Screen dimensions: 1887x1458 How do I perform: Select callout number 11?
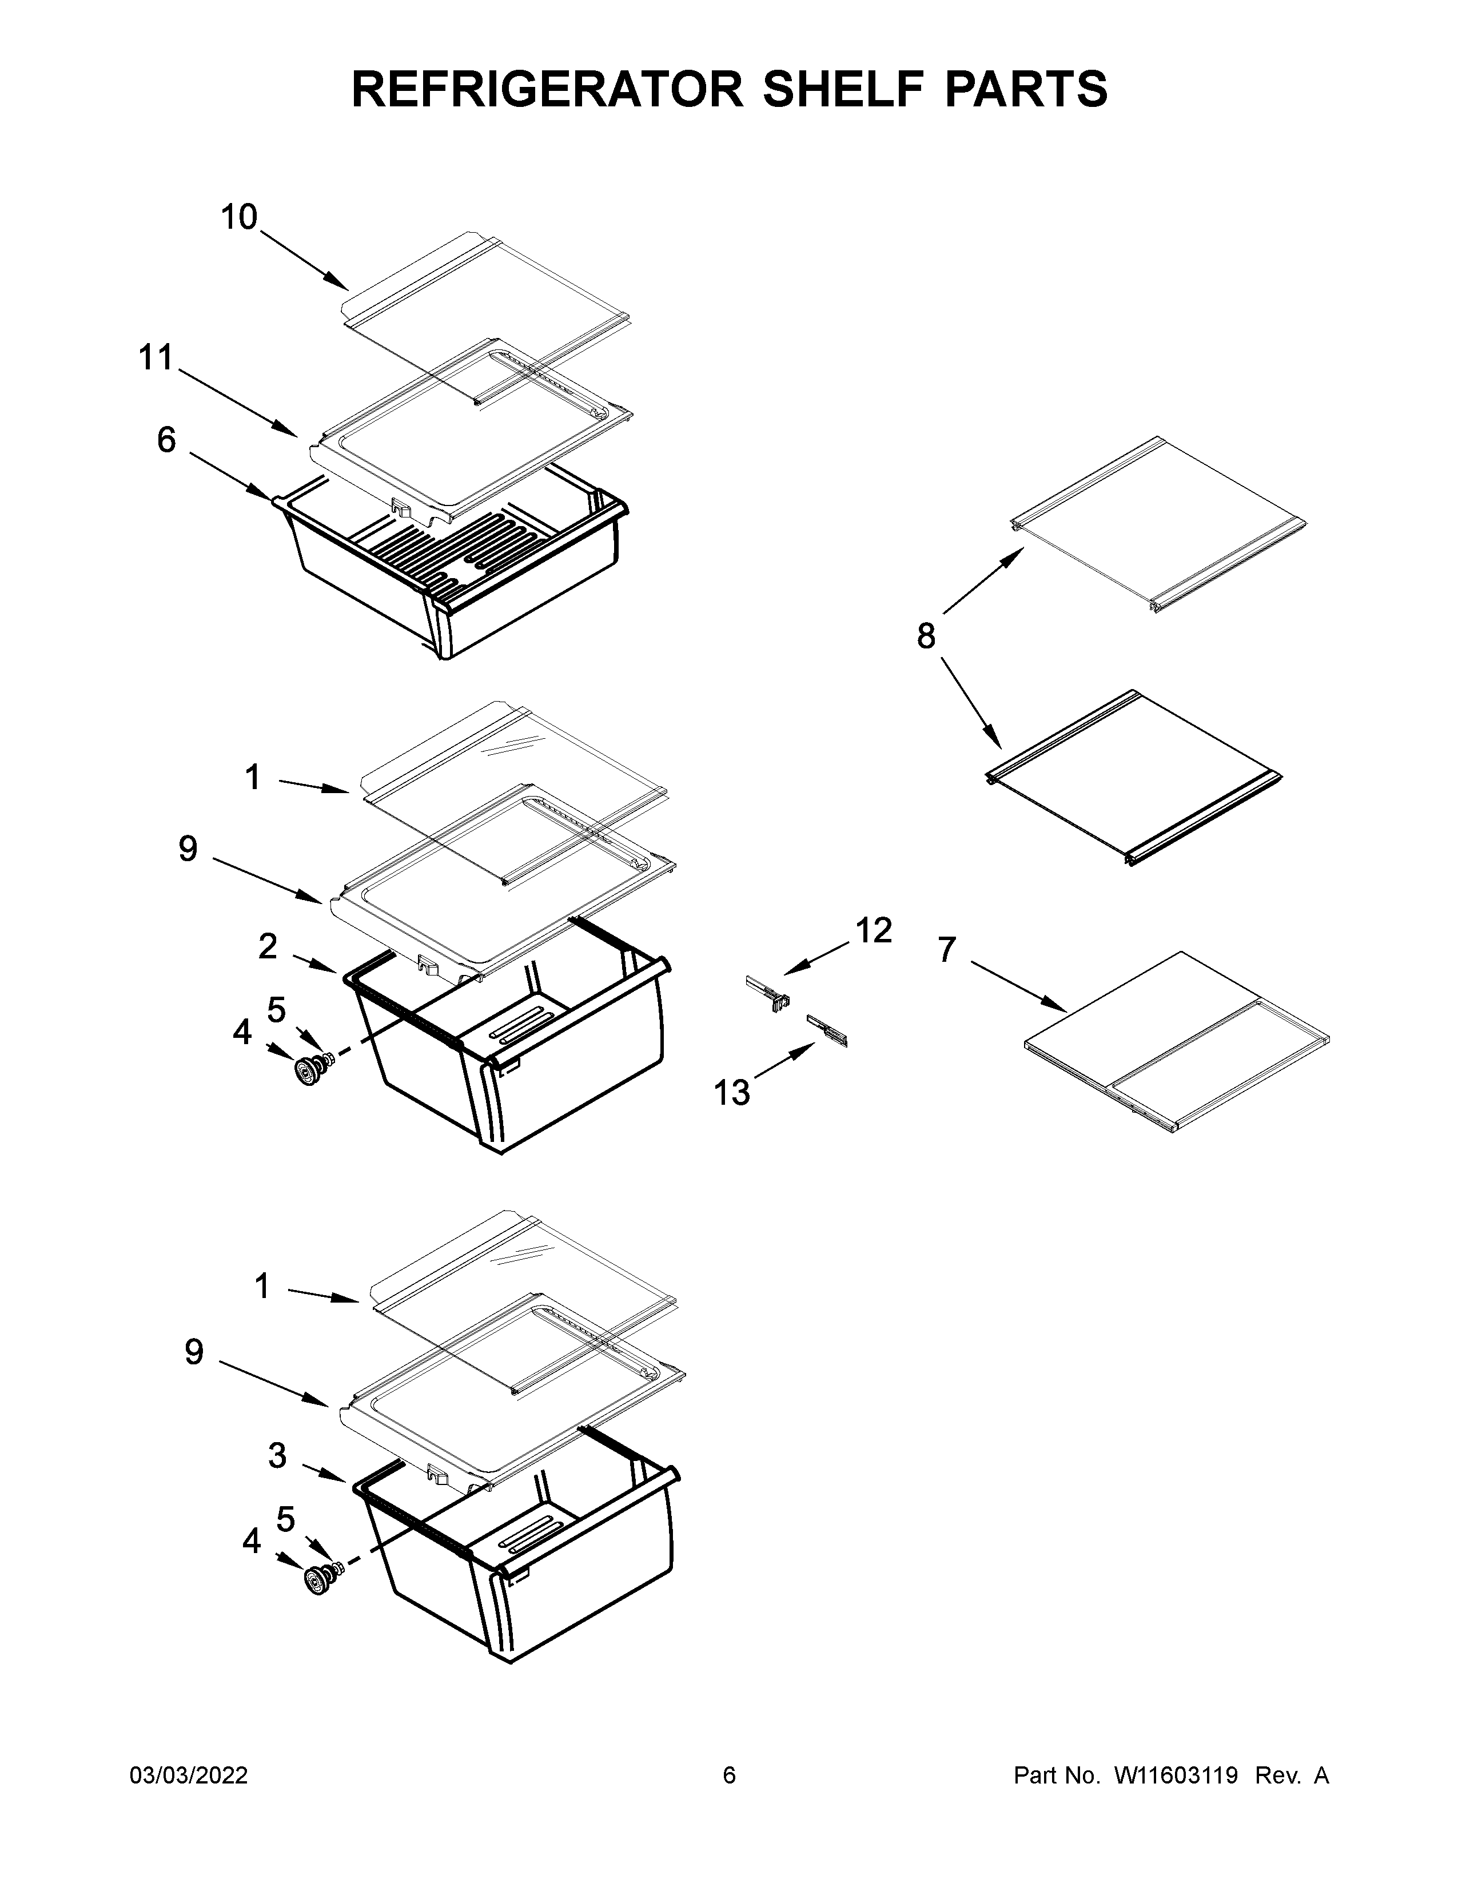[x=156, y=358]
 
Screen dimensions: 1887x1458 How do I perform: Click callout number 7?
[x=947, y=950]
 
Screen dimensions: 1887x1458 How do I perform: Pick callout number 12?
[x=873, y=930]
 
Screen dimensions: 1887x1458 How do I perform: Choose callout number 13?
[x=732, y=1093]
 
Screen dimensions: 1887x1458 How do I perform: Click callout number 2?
[x=268, y=946]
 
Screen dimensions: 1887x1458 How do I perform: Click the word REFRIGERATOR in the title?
[x=546, y=89]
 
